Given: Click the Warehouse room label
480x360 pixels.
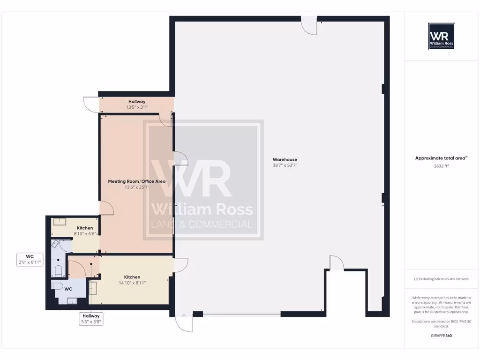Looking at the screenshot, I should pos(285,160).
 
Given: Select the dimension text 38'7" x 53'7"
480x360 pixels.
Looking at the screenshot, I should pos(285,165).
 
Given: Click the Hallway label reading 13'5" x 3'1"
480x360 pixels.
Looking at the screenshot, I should pos(137,101).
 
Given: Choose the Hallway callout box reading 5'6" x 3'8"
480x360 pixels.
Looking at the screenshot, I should pos(90,319).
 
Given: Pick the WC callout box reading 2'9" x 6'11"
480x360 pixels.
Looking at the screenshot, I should pos(30,260).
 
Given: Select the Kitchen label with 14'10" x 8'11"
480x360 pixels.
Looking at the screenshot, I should pos(132,277).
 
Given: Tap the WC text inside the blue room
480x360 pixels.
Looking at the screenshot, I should pos(68,289).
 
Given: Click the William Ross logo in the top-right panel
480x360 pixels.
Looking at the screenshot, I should pos(442,36).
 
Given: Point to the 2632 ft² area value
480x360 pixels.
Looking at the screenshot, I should pos(442,165).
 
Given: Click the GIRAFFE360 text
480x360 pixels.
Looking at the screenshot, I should pos(442,336).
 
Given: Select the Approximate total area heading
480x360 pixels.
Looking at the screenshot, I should pos(441,158).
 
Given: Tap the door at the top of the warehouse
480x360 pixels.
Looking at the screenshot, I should pos(308,26).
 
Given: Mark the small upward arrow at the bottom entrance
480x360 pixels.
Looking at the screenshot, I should pos(184,316).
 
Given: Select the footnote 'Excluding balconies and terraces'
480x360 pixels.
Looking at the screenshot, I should pos(441,279).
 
